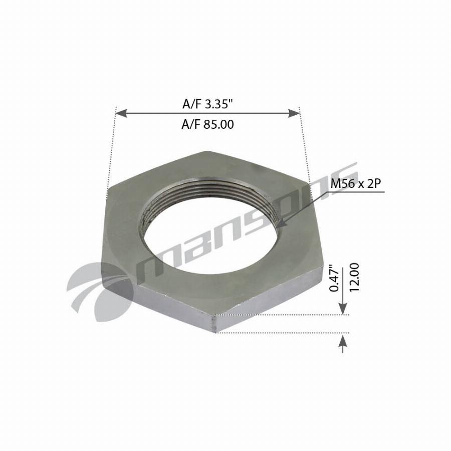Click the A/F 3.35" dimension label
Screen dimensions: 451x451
click(207, 104)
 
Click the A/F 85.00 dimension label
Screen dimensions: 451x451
click(207, 125)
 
